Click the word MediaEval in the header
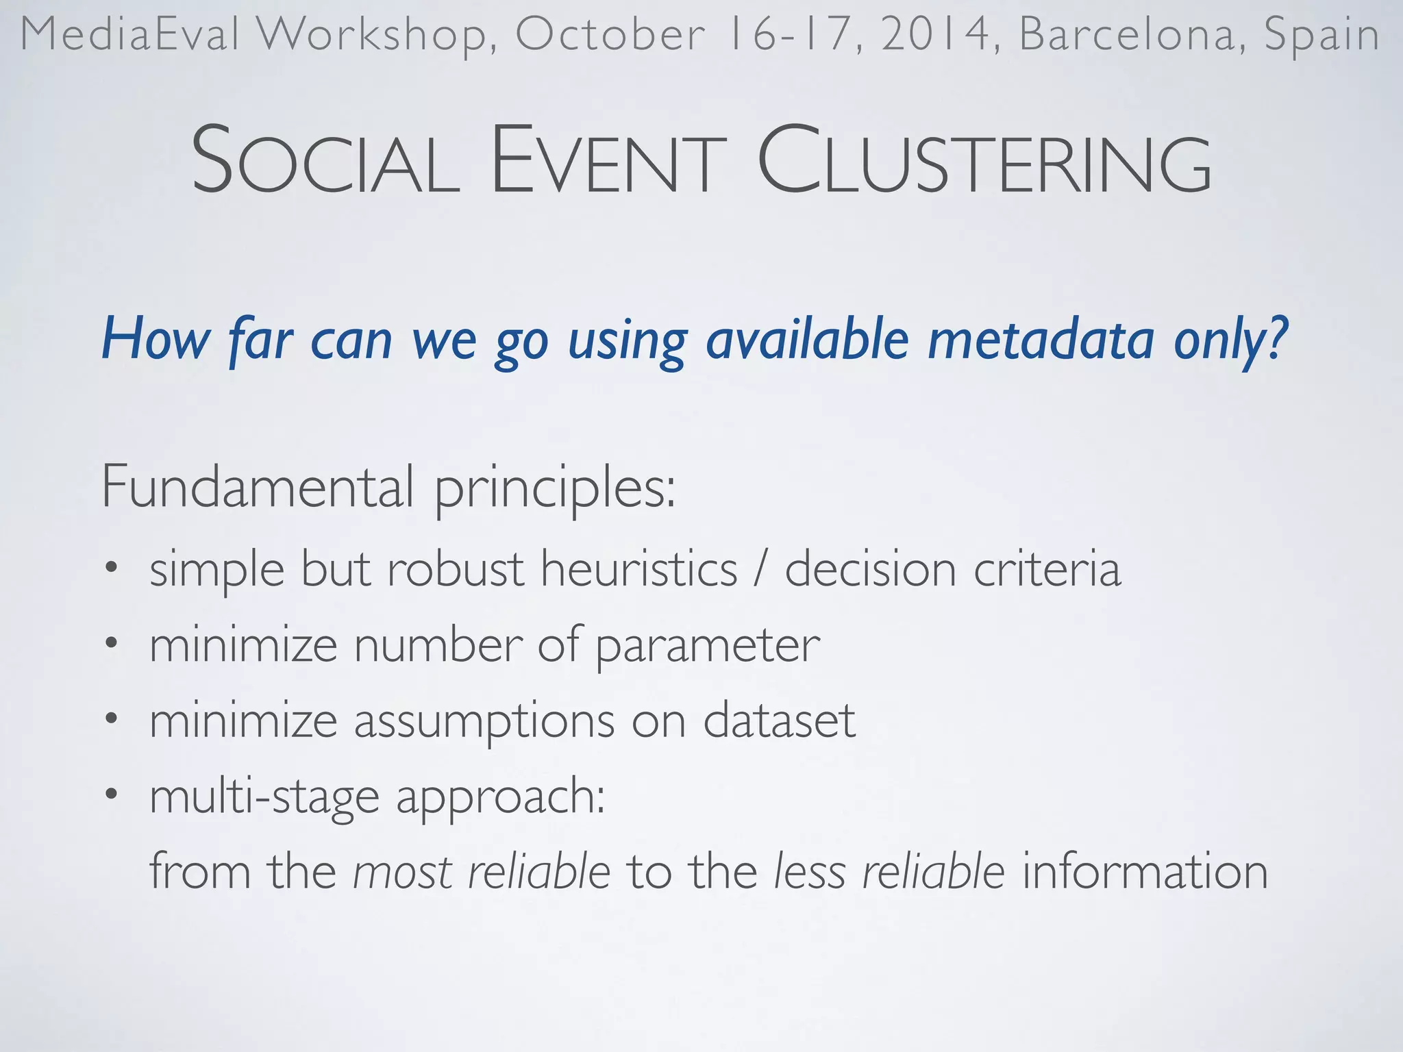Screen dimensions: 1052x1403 point(130,34)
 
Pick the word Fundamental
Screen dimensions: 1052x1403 point(258,486)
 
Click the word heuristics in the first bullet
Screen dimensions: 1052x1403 point(638,569)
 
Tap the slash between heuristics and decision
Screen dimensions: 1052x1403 point(760,569)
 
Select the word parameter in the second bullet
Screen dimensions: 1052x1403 point(707,646)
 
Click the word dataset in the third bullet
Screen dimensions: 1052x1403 point(779,721)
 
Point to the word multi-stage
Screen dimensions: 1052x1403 point(264,797)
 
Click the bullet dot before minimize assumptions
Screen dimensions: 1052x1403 point(112,719)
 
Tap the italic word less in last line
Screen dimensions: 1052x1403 point(809,872)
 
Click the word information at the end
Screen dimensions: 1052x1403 point(1145,872)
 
